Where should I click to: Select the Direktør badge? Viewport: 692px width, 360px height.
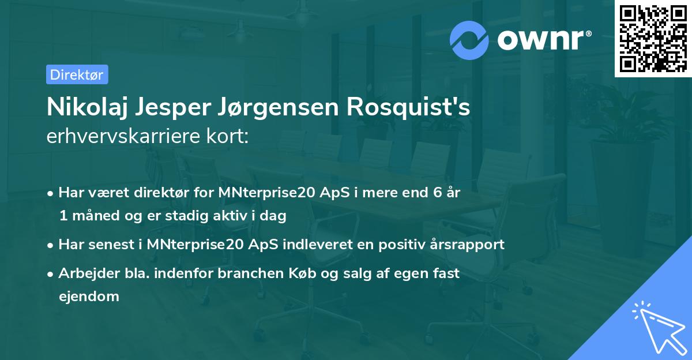[x=77, y=74]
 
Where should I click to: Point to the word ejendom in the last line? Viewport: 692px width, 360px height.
[x=89, y=297]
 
